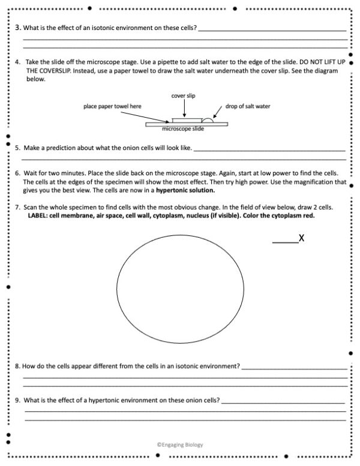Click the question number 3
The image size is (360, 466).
(x=17, y=28)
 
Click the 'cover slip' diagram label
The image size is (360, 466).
(x=184, y=95)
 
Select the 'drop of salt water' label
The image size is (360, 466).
(x=248, y=106)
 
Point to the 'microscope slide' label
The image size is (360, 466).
(x=184, y=128)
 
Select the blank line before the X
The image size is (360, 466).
(x=285, y=242)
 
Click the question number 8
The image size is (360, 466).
(x=17, y=365)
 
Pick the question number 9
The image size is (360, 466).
(x=17, y=399)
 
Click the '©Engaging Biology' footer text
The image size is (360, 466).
(x=179, y=445)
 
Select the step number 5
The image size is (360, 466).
(x=17, y=147)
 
